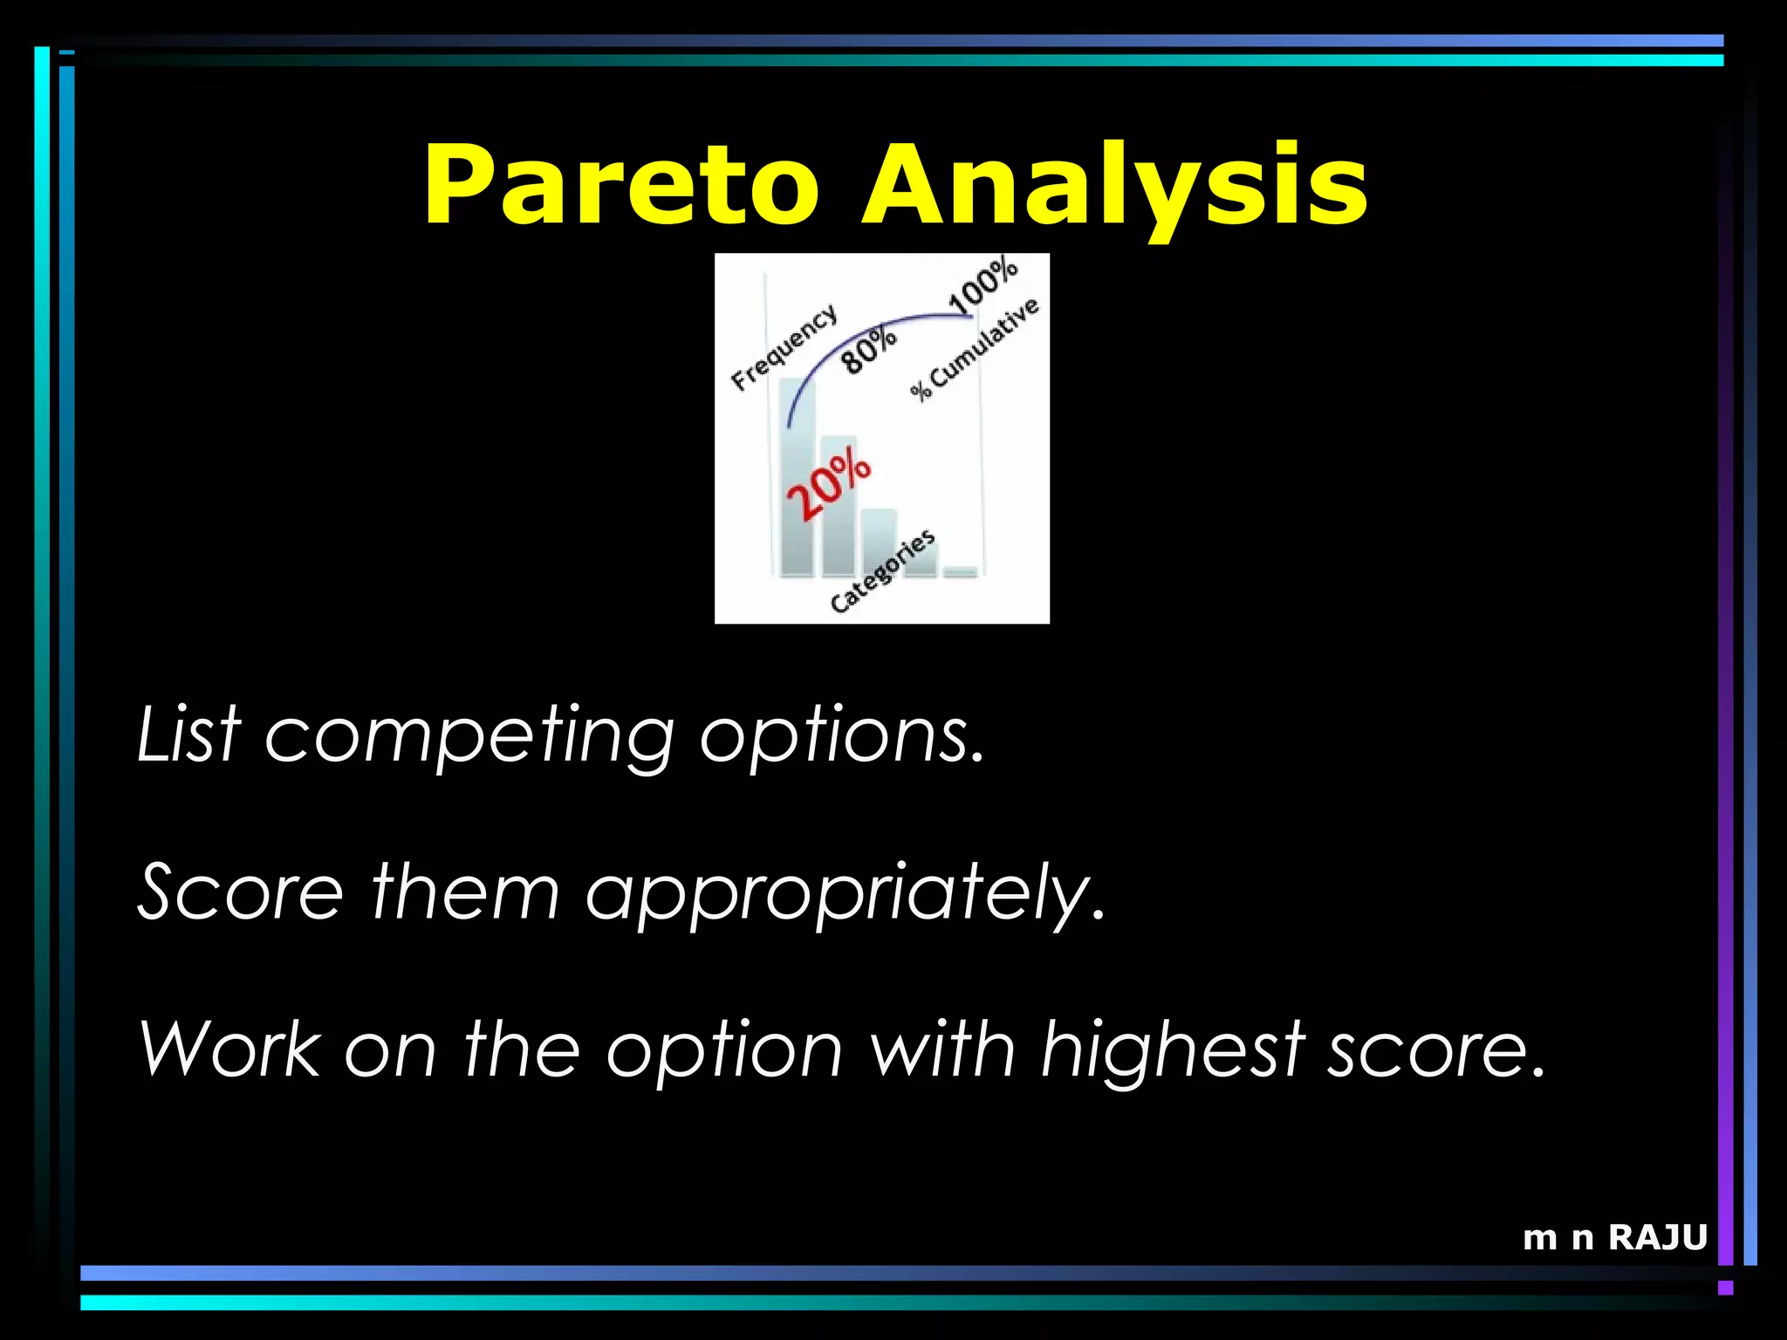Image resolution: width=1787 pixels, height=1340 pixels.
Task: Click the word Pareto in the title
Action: pyautogui.click(x=621, y=185)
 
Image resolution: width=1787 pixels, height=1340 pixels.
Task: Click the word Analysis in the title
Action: pyautogui.click(x=1114, y=185)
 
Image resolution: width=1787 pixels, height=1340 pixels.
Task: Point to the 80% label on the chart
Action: pyautogui.click(x=868, y=349)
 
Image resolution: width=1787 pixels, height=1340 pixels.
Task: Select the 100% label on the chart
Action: pyautogui.click(x=983, y=284)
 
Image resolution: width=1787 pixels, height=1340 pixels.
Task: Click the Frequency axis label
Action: pyautogui.click(x=784, y=347)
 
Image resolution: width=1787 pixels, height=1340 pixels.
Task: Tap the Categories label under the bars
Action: pyautogui.click(x=882, y=571)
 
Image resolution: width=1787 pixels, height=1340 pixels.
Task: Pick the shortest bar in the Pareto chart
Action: pyautogui.click(x=961, y=571)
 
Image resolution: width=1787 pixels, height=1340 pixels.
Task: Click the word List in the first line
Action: pyautogui.click(x=188, y=735)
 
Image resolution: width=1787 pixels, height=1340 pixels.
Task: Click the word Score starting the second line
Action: pyautogui.click(x=241, y=892)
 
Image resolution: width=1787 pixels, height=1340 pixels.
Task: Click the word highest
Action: pyautogui.click(x=1173, y=1050)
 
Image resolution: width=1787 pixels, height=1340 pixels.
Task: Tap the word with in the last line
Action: pyautogui.click(x=942, y=1049)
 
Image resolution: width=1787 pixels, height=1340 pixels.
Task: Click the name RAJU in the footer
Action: pyautogui.click(x=1657, y=1237)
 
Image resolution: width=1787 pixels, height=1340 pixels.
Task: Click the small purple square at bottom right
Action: pyautogui.click(x=1725, y=1288)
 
